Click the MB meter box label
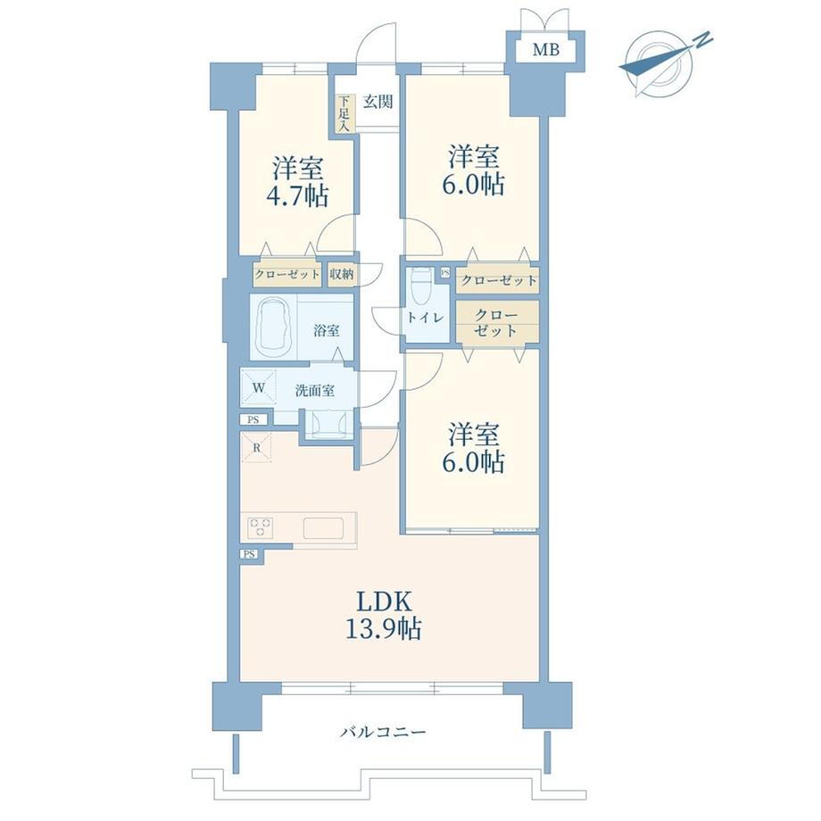pyautogui.click(x=545, y=50)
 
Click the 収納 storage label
pyautogui.click(x=342, y=274)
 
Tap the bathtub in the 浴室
pyautogui.click(x=273, y=328)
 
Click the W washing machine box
pyautogui.click(x=258, y=387)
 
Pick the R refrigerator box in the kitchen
pyautogui.click(x=256, y=448)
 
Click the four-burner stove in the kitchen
pyautogui.click(x=261, y=527)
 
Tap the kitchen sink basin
pyautogui.click(x=323, y=527)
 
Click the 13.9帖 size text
pyautogui.click(x=383, y=628)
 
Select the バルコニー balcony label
pyautogui.click(x=383, y=732)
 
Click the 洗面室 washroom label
pyautogui.click(x=315, y=391)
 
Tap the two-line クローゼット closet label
pyautogui.click(x=495, y=322)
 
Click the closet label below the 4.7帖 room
pyautogui.click(x=287, y=274)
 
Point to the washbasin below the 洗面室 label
pyautogui.click(x=328, y=423)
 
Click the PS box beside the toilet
pyautogui.click(x=445, y=272)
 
